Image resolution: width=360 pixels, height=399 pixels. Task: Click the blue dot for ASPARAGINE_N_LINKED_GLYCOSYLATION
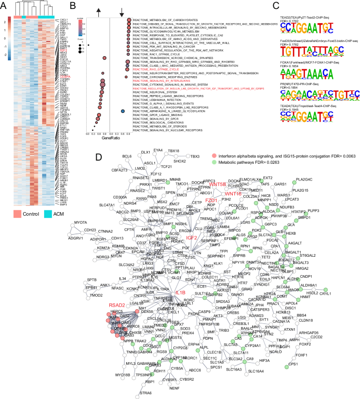point(122,110)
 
